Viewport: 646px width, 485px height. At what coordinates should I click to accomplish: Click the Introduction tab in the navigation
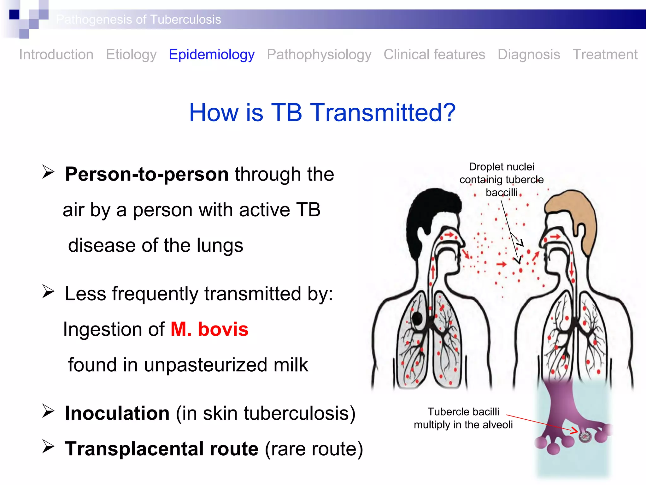(56, 54)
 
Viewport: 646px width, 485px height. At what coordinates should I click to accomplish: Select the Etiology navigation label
(131, 54)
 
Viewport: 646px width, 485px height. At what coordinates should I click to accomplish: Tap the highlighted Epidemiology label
(212, 54)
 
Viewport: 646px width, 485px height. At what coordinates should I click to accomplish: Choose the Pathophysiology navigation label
(319, 54)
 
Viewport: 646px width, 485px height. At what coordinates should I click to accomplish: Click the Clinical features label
(434, 54)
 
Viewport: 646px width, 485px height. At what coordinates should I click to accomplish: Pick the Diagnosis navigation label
(529, 54)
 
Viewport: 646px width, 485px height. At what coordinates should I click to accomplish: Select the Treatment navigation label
(605, 54)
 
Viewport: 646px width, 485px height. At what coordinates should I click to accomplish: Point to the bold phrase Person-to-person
(147, 174)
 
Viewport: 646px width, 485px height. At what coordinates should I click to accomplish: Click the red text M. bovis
(209, 329)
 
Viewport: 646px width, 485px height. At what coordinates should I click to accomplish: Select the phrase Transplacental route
(161, 449)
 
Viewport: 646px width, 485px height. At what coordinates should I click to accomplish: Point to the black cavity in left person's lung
(417, 319)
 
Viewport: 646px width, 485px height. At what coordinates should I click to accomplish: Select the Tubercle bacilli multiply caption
(463, 418)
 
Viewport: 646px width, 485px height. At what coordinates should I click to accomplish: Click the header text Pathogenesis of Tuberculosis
(139, 20)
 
